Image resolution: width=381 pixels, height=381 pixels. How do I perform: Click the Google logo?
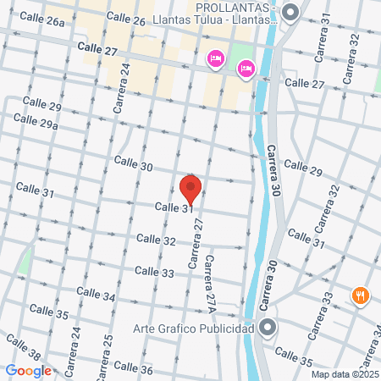[x=28, y=370]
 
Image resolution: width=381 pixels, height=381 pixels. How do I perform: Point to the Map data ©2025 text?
[x=345, y=374]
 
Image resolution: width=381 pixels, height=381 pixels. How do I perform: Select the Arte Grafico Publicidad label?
[x=194, y=328]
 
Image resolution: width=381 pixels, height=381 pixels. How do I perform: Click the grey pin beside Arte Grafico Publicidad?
[x=268, y=328]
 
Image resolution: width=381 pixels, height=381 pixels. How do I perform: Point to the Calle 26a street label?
[x=46, y=21]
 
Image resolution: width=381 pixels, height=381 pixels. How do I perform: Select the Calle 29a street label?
[x=40, y=124]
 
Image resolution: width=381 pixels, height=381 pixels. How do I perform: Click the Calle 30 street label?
[x=133, y=163]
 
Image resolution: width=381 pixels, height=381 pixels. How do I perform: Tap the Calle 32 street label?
[x=156, y=241]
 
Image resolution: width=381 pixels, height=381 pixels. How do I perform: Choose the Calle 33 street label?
[x=154, y=272]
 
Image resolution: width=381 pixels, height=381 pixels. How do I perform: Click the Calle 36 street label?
[x=133, y=368]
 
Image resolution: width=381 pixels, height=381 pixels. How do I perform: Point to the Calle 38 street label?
[x=23, y=347]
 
